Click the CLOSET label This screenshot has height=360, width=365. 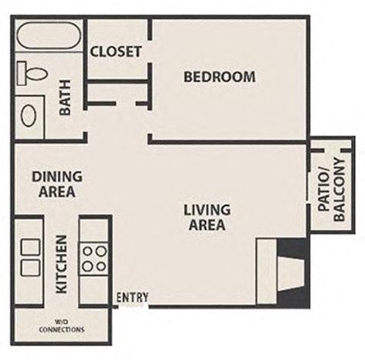click(x=116, y=51)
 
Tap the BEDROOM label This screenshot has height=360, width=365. click(x=219, y=77)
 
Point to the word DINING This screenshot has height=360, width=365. click(x=57, y=177)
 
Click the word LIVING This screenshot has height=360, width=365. click(x=207, y=210)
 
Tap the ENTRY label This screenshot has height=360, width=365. click(x=132, y=298)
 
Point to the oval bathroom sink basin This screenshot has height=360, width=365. click(x=29, y=116)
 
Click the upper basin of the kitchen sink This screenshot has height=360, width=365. click(x=31, y=247)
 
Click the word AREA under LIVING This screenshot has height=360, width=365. click(x=207, y=225)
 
